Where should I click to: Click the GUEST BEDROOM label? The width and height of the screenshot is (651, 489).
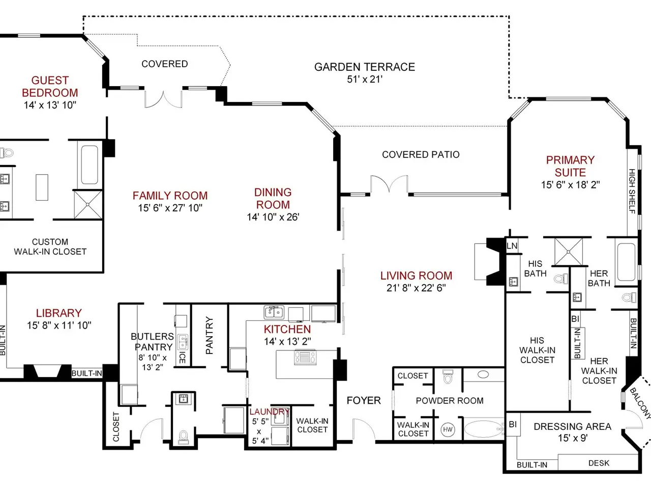50,87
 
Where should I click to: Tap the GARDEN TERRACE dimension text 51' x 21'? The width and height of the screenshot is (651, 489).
365,79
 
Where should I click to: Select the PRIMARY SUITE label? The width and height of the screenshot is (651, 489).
570,166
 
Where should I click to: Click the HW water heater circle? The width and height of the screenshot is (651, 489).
448,429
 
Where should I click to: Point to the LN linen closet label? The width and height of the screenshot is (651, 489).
512,246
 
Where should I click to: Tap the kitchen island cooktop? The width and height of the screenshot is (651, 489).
305,357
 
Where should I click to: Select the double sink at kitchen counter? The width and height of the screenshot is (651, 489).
274,312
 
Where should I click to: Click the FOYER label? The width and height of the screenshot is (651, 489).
364,400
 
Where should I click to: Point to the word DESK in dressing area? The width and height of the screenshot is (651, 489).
599,463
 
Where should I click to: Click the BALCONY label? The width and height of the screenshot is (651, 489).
640,403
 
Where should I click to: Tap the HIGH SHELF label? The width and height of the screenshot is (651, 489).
632,191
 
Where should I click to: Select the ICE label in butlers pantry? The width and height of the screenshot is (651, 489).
183,358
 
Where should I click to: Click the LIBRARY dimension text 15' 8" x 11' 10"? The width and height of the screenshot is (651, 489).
59,325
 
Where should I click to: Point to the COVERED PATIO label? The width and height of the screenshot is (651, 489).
421,154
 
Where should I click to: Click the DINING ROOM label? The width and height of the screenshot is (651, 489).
273,198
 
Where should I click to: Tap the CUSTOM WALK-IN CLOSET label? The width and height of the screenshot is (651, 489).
50,247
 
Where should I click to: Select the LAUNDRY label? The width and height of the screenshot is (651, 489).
269,412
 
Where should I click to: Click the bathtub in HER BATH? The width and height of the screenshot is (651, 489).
627,262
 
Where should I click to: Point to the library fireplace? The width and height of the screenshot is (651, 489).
47,371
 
